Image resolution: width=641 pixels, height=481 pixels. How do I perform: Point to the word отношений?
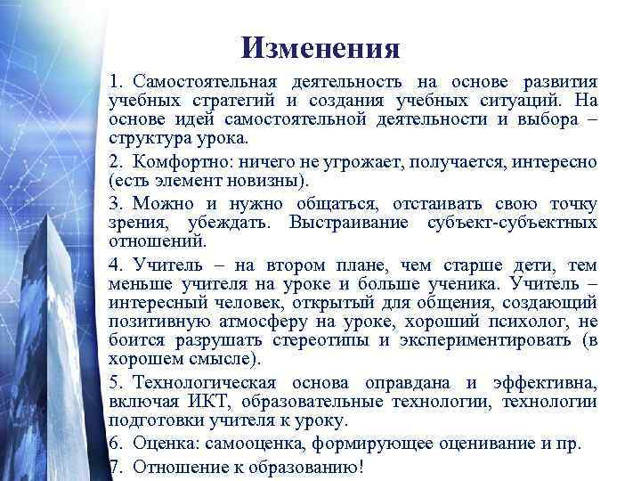click(156, 240)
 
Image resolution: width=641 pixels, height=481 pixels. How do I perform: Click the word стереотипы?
click(320, 340)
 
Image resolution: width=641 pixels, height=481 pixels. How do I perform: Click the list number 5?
click(114, 383)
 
